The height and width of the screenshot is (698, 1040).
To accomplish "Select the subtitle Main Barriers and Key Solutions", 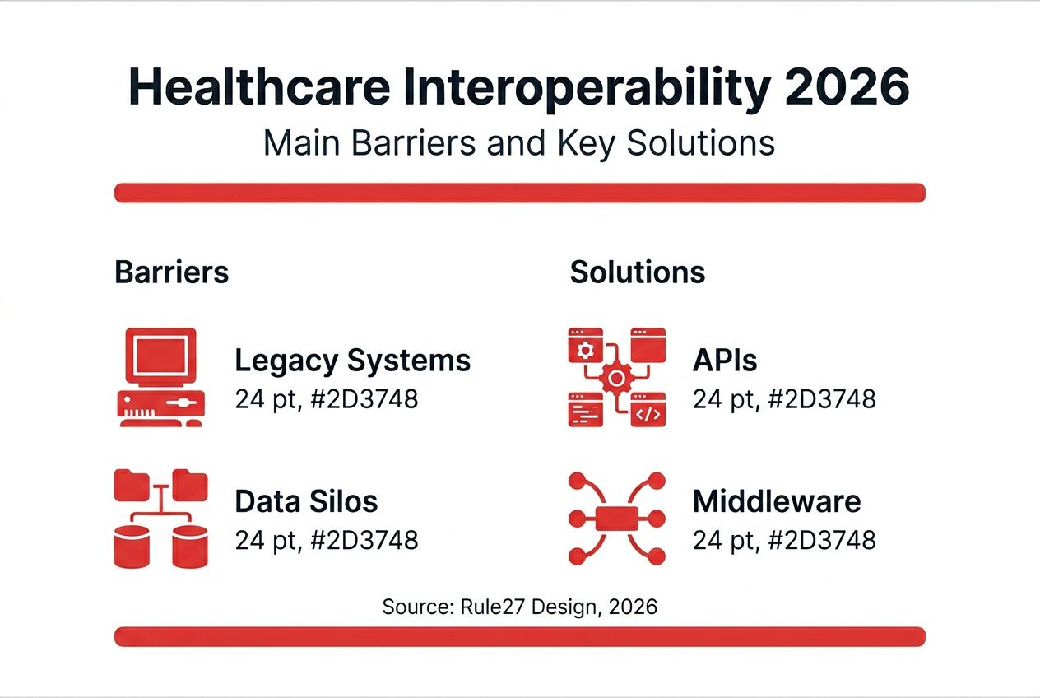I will (519, 142).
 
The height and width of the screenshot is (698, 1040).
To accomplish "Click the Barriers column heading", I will (171, 272).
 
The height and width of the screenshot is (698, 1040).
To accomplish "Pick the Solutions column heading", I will (637, 272).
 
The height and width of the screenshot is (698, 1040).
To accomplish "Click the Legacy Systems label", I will (352, 361).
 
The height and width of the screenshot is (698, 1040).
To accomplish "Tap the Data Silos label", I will (306, 501).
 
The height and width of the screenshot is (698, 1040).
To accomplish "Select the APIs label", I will (725, 361).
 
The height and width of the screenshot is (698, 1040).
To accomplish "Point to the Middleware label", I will (777, 501).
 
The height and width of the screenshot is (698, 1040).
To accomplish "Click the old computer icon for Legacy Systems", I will (160, 377).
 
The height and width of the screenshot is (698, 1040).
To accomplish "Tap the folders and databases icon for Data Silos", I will (160, 518).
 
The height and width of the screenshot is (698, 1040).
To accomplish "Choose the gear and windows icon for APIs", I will (616, 377).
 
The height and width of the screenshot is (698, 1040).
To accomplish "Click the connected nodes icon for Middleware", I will (616, 518).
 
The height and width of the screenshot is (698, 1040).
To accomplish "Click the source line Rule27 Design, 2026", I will (519, 607).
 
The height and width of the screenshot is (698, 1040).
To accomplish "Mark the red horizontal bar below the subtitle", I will (519, 193).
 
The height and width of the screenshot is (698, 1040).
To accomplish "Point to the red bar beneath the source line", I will (519, 636).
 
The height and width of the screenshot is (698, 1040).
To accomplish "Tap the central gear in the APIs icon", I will (615, 379).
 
